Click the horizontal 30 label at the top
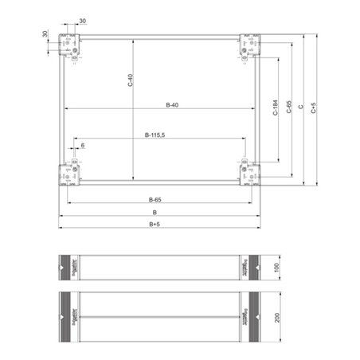point(84,22)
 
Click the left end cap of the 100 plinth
point(72,266)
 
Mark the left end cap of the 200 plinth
point(72,316)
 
